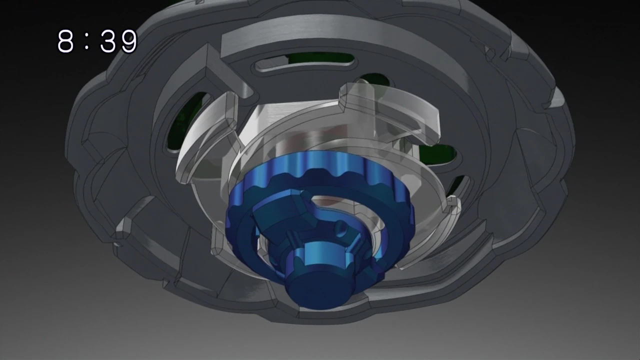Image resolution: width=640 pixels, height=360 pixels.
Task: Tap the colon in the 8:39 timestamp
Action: [87, 41]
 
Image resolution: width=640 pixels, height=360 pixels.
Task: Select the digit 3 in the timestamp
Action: [108, 41]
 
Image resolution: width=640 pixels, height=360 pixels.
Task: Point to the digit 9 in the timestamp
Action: [128, 41]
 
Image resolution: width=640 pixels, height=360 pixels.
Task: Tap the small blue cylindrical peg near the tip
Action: [341, 229]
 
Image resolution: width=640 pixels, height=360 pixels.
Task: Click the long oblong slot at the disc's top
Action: [305, 62]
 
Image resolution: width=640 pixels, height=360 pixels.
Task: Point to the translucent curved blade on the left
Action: [205, 145]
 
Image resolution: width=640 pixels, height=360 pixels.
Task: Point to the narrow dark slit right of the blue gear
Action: [457, 185]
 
